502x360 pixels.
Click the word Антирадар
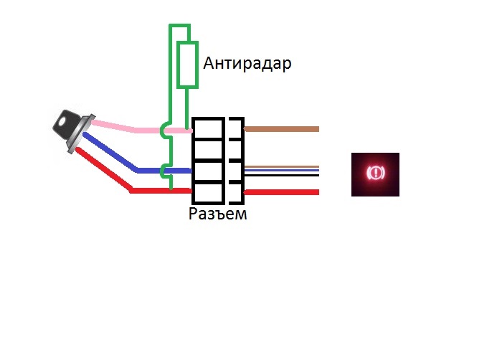click(x=247, y=64)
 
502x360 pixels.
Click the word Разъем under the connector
click(x=217, y=213)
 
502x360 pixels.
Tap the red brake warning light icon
click(x=375, y=174)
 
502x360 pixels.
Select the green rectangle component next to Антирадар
click(x=187, y=65)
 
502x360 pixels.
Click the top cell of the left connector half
click(x=207, y=127)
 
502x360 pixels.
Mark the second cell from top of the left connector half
click(x=207, y=148)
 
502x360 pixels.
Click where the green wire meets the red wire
click(x=171, y=191)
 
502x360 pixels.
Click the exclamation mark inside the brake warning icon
click(x=375, y=174)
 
